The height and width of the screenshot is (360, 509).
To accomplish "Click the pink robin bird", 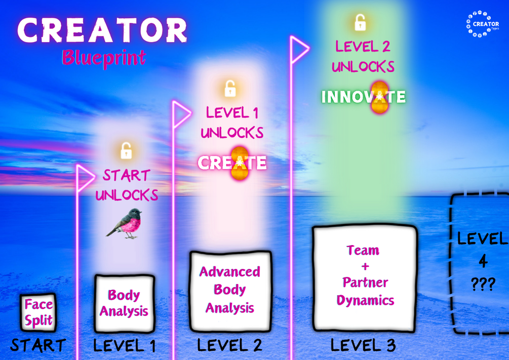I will [x=126, y=223].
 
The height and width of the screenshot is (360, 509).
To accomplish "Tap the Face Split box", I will [x=38, y=312].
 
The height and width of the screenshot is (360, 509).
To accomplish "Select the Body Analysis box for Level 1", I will [x=124, y=303].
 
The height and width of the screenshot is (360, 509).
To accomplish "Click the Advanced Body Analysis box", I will [x=230, y=290].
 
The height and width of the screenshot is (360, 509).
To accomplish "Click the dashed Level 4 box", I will [x=479, y=263].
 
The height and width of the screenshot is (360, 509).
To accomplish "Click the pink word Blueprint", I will [x=103, y=58].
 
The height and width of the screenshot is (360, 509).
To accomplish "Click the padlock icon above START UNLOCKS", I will [x=126, y=150].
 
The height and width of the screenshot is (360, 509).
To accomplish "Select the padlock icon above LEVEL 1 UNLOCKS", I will [x=230, y=89].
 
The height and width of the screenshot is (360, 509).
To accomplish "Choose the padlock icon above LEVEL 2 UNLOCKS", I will [x=360, y=22].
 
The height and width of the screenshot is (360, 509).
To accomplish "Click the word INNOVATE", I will [x=363, y=97].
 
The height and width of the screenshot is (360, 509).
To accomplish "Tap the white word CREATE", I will [x=232, y=163].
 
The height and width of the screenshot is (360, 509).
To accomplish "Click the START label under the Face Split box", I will [x=38, y=345].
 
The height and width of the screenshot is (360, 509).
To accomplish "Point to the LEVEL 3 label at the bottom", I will [x=363, y=345].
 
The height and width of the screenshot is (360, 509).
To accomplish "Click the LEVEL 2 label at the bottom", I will [x=229, y=345].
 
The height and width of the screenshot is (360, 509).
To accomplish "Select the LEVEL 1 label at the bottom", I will [x=124, y=346].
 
